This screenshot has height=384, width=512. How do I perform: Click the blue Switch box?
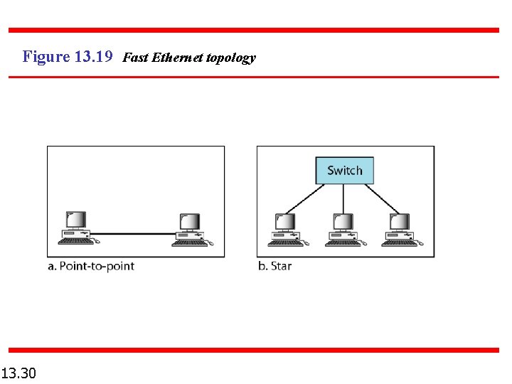point(344,171)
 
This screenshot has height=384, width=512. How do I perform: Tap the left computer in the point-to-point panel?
point(76,228)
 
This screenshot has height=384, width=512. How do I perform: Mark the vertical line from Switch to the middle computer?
point(343,198)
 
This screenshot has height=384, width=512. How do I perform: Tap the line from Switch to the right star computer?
point(383,198)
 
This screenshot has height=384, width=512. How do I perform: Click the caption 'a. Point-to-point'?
point(91,266)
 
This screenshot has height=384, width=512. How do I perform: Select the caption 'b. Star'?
point(274,266)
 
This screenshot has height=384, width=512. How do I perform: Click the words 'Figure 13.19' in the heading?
point(68,57)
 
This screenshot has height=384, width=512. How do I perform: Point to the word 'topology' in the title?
point(230,58)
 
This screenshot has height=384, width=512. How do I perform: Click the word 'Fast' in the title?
point(135,58)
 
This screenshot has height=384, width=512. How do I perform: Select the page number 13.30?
point(20,373)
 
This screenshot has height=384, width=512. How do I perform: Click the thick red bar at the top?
point(254,30)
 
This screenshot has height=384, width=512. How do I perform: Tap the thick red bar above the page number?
point(254,350)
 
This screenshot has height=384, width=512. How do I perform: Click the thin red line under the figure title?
point(254,77)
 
